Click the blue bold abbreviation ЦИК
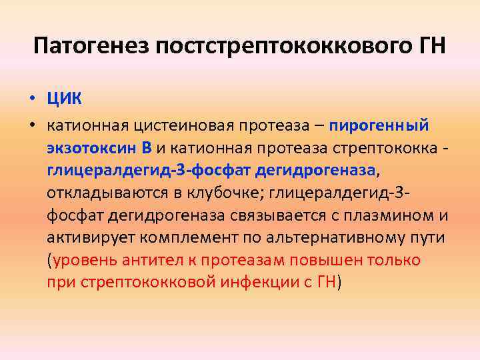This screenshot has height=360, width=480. pyautogui.click(x=64, y=100)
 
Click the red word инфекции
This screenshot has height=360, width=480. pyautogui.click(x=260, y=283)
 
